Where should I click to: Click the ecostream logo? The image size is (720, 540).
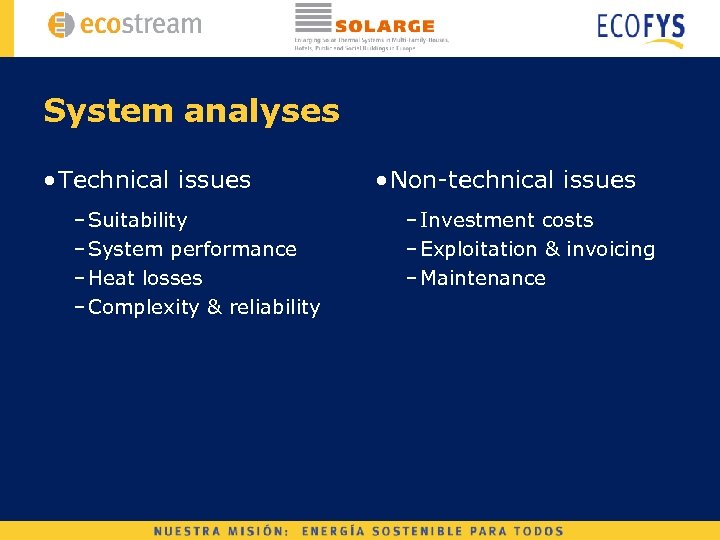click(125, 25)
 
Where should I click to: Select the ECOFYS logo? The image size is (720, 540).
click(641, 28)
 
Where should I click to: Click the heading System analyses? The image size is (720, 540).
click(191, 111)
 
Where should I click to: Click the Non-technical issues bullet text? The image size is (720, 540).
click(513, 180)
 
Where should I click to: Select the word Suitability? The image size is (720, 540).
click(138, 220)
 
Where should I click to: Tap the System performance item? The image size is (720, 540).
click(193, 249)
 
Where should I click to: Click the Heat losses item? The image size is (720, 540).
click(145, 278)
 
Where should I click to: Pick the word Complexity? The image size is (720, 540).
click(144, 308)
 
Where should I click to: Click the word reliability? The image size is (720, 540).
click(275, 308)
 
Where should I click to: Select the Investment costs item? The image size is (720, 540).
click(507, 220)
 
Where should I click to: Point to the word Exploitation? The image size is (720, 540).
click(479, 249)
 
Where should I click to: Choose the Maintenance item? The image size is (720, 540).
click(483, 278)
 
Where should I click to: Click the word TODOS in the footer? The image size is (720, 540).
click(541, 531)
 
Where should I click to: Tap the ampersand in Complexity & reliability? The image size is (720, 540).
click(214, 308)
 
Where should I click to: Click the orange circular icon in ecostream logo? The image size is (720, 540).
click(62, 25)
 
